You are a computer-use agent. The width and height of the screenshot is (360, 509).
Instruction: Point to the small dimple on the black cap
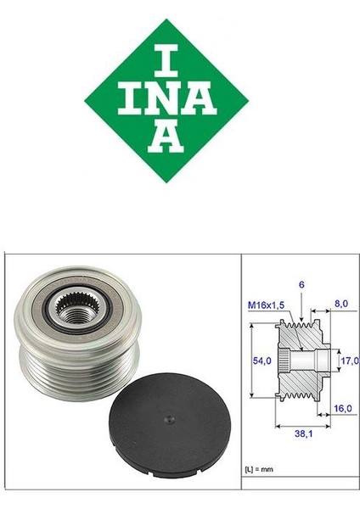tap(169, 417)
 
